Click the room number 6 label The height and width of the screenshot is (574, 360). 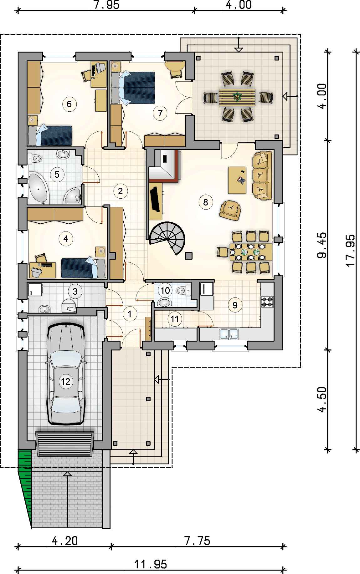pos(69,104)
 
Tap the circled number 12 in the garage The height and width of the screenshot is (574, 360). pos(66,382)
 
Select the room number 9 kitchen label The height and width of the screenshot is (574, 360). pos(235,305)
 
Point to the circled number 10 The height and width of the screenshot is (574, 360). pos(165,291)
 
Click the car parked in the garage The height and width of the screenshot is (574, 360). pos(66,374)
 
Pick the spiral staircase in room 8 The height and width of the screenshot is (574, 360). pos(167,238)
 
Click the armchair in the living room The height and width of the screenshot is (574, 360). pos(230,210)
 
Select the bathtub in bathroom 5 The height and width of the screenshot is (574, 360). pos(39,189)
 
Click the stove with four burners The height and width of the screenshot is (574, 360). pos(267,302)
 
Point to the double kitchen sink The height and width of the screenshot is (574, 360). pos(229,334)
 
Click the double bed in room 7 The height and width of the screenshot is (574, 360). pos(133,88)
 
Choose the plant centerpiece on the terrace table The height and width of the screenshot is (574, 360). pos(237,97)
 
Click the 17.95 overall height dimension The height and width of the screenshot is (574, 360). pos(350,251)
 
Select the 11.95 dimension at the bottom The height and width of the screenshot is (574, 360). pos(151,564)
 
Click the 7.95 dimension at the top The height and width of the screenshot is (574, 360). pos(106,5)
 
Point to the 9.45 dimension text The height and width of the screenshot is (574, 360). pos(322,245)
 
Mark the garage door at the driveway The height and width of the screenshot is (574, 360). pos(65,444)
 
